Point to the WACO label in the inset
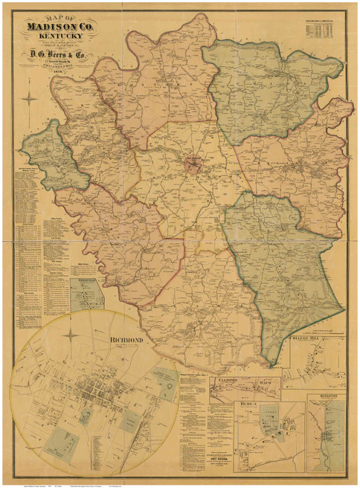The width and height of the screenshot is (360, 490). [266, 382]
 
